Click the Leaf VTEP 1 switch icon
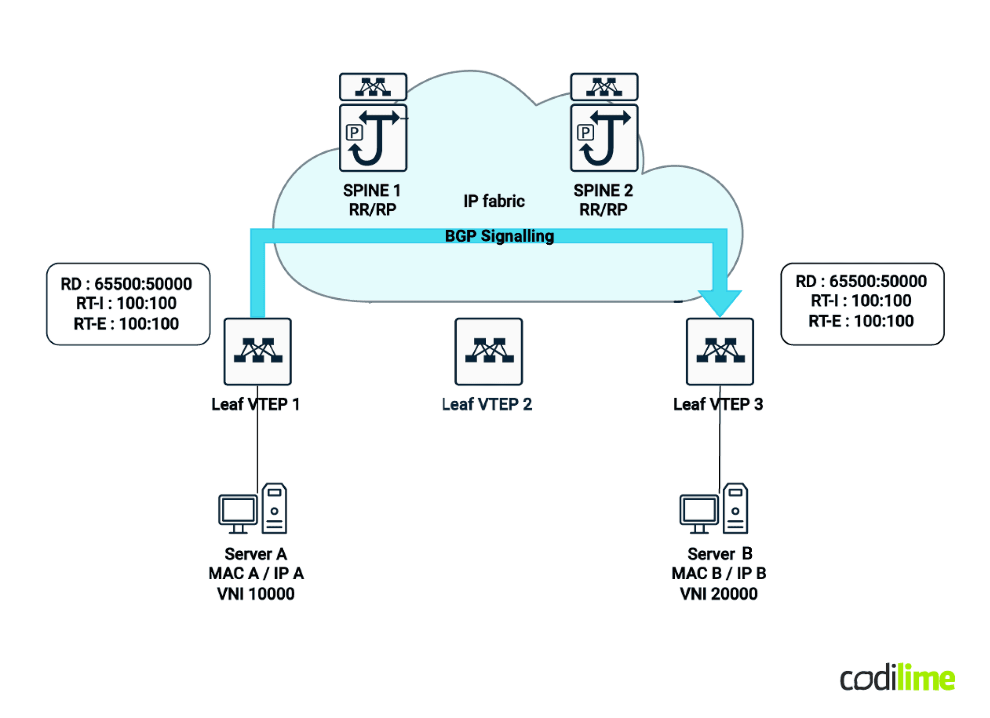tap(257, 351)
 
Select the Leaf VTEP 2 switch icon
tap(488, 351)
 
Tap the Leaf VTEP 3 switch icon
tap(719, 351)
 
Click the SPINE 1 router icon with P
tap(373, 138)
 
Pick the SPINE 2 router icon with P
tap(604, 138)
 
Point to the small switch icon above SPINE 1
tap(373, 87)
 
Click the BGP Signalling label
tap(499, 236)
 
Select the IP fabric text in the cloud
tap(494, 201)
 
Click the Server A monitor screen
tap(237, 510)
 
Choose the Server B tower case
tap(735, 508)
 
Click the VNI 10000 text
tap(255, 593)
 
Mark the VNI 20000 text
tap(718, 593)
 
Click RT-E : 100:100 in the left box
tap(126, 323)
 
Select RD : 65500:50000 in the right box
tap(861, 281)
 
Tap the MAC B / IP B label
tap(718, 573)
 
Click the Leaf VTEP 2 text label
tap(487, 404)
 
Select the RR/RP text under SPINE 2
tap(603, 209)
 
